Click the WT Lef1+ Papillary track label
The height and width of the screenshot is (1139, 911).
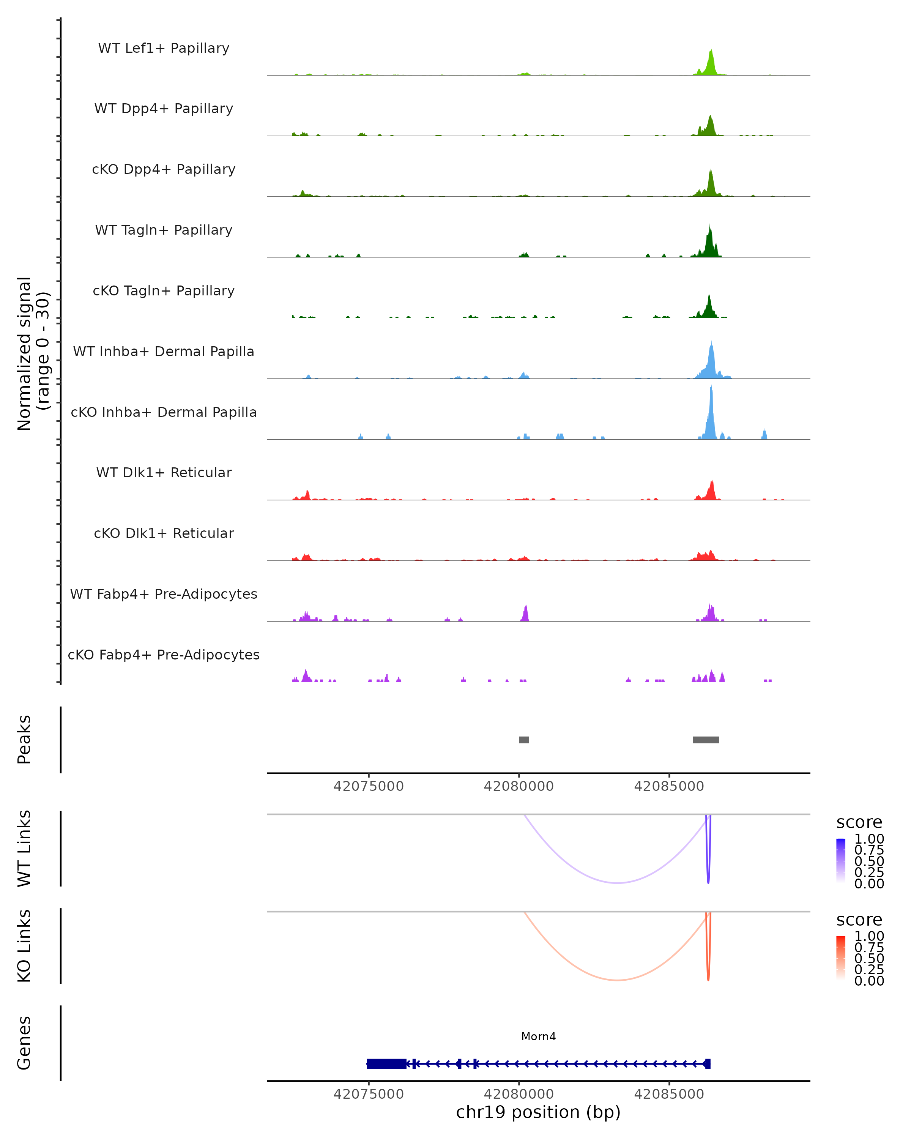(x=164, y=48)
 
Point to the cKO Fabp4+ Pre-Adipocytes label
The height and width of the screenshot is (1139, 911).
(x=164, y=655)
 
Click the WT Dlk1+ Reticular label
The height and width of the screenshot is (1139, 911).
(x=164, y=472)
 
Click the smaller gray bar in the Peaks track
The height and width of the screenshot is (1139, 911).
(x=524, y=740)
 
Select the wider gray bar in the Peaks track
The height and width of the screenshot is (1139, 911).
(x=706, y=740)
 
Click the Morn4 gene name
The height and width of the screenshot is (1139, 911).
(x=538, y=1036)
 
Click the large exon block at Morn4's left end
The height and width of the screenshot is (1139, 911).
(x=386, y=1064)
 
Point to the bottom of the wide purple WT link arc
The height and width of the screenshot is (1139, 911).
(x=617, y=883)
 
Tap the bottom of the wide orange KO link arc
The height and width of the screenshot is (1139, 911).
(x=617, y=980)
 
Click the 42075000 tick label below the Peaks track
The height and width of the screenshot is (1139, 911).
(x=369, y=786)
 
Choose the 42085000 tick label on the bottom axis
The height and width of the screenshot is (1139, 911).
(x=669, y=1094)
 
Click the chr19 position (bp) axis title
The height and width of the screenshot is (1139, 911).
(x=538, y=1112)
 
